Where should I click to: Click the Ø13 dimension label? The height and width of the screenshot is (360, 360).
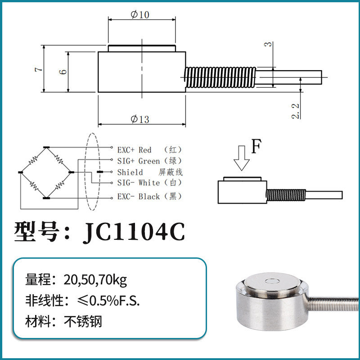click(x=139, y=119)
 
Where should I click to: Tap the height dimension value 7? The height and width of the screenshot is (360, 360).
click(x=40, y=69)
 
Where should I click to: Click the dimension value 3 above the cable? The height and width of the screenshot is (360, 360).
click(x=269, y=45)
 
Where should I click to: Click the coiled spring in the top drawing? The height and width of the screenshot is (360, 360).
click(x=220, y=77)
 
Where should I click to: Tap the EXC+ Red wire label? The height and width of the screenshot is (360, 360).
click(x=135, y=150)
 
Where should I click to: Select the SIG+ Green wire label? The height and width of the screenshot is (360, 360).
click(x=139, y=161)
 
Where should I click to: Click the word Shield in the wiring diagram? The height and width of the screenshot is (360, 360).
click(x=130, y=172)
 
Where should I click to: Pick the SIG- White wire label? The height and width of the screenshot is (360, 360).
click(x=139, y=183)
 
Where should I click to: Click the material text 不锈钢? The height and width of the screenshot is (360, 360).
click(x=84, y=322)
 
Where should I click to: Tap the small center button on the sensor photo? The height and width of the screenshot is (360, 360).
click(x=272, y=282)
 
